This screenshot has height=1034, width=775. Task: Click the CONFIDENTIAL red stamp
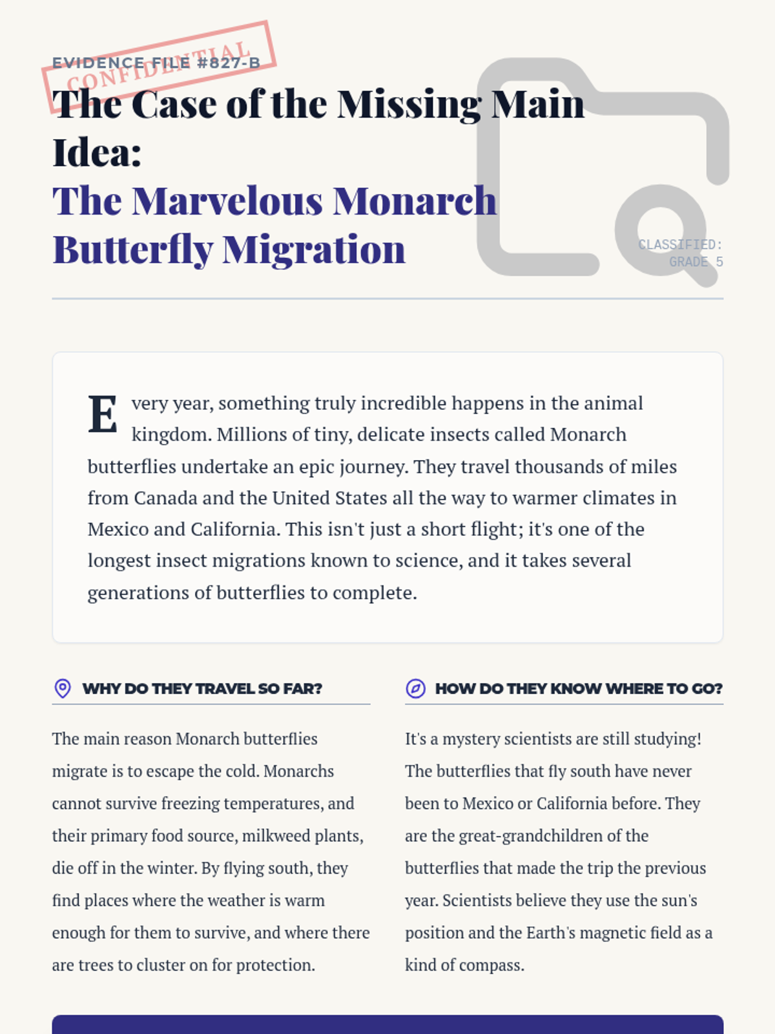(x=159, y=66)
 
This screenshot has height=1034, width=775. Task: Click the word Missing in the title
(x=409, y=105)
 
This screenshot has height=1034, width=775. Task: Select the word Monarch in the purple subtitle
(x=415, y=201)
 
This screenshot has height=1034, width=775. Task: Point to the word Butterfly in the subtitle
(x=132, y=250)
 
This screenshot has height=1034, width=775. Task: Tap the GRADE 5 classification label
(x=696, y=262)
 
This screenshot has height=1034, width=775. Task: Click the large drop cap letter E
(x=103, y=414)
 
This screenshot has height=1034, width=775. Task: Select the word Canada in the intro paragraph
(x=165, y=498)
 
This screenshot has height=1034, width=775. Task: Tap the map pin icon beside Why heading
(x=63, y=688)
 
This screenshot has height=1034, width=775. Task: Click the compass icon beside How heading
(x=415, y=688)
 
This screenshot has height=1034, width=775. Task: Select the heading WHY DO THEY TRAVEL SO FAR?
(x=202, y=689)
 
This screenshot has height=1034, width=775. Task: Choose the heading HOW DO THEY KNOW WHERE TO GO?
(x=579, y=689)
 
